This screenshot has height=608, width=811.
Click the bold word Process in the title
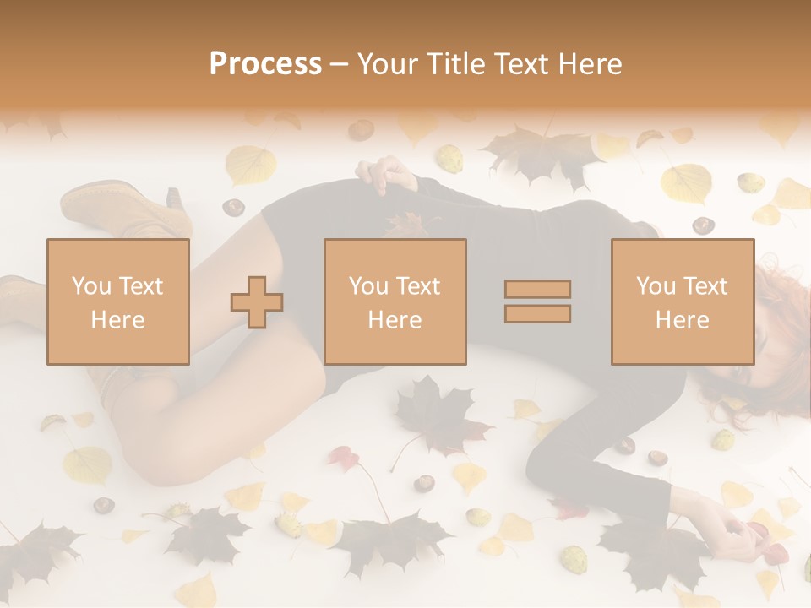[265, 63]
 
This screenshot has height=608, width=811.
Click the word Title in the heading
[456, 63]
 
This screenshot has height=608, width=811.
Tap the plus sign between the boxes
[257, 302]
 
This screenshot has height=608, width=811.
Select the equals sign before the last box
[537, 301]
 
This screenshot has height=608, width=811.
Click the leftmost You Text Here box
[117, 301]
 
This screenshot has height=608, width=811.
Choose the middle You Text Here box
[395, 301]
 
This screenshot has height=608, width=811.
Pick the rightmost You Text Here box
[682, 301]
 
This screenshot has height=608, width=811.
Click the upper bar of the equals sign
[537, 289]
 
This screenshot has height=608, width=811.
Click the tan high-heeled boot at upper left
[127, 207]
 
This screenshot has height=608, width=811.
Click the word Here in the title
[592, 63]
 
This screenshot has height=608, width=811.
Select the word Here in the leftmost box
[117, 319]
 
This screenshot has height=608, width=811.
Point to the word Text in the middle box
[417, 286]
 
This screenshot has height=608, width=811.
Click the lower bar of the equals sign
[537, 314]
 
